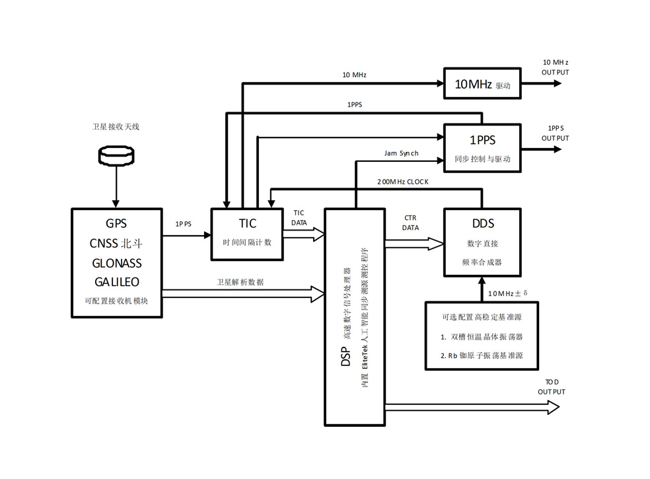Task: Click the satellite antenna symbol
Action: [116, 155]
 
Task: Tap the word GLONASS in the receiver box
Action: [116, 263]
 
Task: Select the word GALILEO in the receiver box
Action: [116, 281]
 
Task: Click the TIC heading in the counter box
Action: [248, 223]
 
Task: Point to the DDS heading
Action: [483, 224]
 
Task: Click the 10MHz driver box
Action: [482, 85]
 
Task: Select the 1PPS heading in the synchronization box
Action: [482, 140]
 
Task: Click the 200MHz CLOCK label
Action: [403, 181]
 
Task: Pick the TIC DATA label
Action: [299, 217]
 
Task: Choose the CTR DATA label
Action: [410, 222]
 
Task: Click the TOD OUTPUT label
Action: [551, 387]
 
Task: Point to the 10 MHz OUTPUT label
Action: [555, 66]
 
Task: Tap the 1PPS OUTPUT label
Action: [555, 133]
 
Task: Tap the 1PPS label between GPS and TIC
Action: [183, 224]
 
